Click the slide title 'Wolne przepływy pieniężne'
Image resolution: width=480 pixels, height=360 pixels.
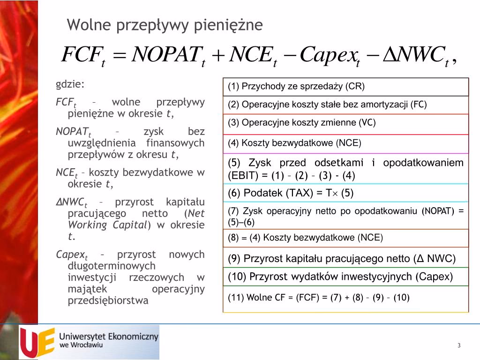coord(165,25)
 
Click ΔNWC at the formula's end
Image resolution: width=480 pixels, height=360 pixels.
coord(415,56)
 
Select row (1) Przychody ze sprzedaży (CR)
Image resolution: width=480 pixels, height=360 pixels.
coord(296,87)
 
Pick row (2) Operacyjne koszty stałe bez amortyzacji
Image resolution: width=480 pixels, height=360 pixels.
coord(327,105)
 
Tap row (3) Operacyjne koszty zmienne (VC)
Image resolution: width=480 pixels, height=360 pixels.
coord(302,123)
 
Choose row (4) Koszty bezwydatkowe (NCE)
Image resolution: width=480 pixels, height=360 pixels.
coord(295,143)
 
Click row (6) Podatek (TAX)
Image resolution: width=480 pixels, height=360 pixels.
coord(291,193)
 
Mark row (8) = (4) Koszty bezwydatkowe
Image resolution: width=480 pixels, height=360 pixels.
coord(306,238)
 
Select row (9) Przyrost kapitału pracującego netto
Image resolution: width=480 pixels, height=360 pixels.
coord(342,259)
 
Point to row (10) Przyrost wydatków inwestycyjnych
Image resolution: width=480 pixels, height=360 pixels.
coord(340,277)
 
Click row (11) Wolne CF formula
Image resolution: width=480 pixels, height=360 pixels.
coord(319,298)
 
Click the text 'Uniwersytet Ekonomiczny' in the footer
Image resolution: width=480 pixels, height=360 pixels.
coord(109,337)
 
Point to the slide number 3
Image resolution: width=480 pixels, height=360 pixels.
coord(459,345)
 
